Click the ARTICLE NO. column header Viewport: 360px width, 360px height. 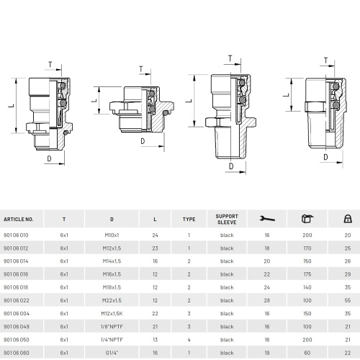(x=19, y=219)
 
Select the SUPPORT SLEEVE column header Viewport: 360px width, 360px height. (x=227, y=219)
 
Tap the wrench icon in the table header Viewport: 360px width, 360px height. (x=267, y=219)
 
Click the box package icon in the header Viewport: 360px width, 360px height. (x=307, y=219)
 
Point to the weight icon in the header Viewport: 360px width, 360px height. (x=348, y=219)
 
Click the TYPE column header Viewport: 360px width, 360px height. (x=189, y=219)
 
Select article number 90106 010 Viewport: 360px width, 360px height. (x=16, y=235)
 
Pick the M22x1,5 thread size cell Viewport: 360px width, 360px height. (x=112, y=300)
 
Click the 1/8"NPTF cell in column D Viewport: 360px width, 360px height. (x=112, y=327)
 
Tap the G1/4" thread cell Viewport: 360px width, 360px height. (x=112, y=353)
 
